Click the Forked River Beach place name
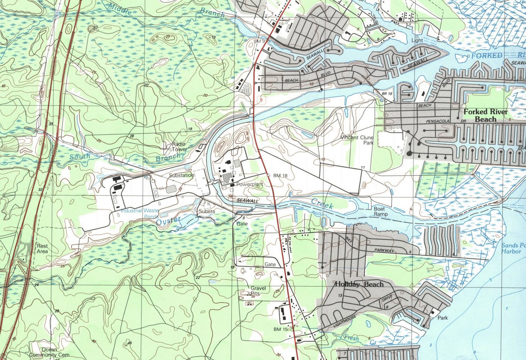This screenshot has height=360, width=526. click(x=485, y=115)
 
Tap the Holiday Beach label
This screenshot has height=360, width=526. click(x=359, y=284)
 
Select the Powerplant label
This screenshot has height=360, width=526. click(x=250, y=185)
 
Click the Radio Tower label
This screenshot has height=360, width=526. click(x=179, y=146)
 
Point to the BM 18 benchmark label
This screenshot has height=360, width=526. click(x=280, y=175)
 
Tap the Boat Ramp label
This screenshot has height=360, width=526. click(x=380, y=211)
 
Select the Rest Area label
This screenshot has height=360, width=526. click(x=42, y=248)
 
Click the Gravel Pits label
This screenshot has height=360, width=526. click(x=258, y=291)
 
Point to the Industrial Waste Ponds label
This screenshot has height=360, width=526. click(x=140, y=213)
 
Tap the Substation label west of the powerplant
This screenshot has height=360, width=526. click(x=181, y=175)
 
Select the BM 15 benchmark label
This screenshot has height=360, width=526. click(x=280, y=329)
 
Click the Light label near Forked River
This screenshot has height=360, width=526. click(x=417, y=40)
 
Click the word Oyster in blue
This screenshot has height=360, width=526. click(x=168, y=220)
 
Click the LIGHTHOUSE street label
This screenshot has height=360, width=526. click(x=345, y=321)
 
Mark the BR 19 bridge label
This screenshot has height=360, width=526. click(x=387, y=94)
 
